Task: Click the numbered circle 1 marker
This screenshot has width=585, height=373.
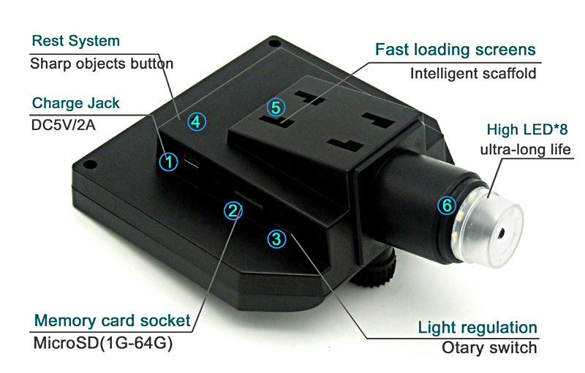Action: [x=169, y=162]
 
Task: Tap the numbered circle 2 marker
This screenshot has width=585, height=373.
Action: [x=233, y=211]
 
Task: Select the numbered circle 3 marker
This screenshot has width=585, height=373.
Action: [x=276, y=238]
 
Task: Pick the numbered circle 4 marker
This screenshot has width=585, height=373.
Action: [x=195, y=121]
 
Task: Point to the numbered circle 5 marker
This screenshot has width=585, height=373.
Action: [x=275, y=108]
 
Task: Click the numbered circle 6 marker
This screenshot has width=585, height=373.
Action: [x=447, y=206]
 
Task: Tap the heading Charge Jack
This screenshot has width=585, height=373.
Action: [x=76, y=102]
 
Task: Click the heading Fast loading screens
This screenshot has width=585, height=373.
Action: [x=456, y=50]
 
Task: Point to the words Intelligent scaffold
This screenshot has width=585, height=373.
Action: [x=473, y=73]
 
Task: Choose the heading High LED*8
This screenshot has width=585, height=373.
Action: [x=527, y=130]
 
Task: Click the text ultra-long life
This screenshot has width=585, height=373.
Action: [x=525, y=150]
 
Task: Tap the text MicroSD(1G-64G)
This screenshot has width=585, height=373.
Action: [x=102, y=343]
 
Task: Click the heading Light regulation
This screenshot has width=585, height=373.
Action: [x=477, y=327]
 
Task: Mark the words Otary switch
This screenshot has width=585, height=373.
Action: [x=489, y=347]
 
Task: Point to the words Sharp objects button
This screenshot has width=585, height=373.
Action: [x=102, y=64]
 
